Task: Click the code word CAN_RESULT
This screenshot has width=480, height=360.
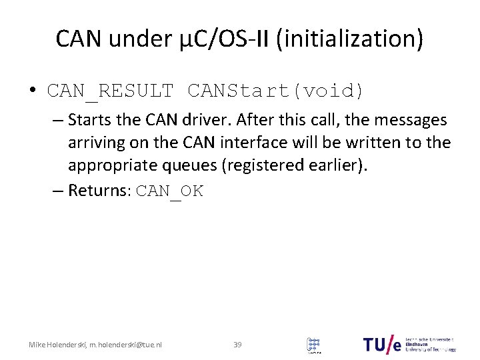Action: coord(111,90)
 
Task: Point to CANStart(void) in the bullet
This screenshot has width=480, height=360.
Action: coord(276,90)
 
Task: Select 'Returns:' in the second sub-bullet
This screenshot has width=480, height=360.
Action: coord(99,191)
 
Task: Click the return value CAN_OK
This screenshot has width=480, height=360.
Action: coord(169,191)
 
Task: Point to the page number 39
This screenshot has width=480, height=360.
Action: coord(237,344)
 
